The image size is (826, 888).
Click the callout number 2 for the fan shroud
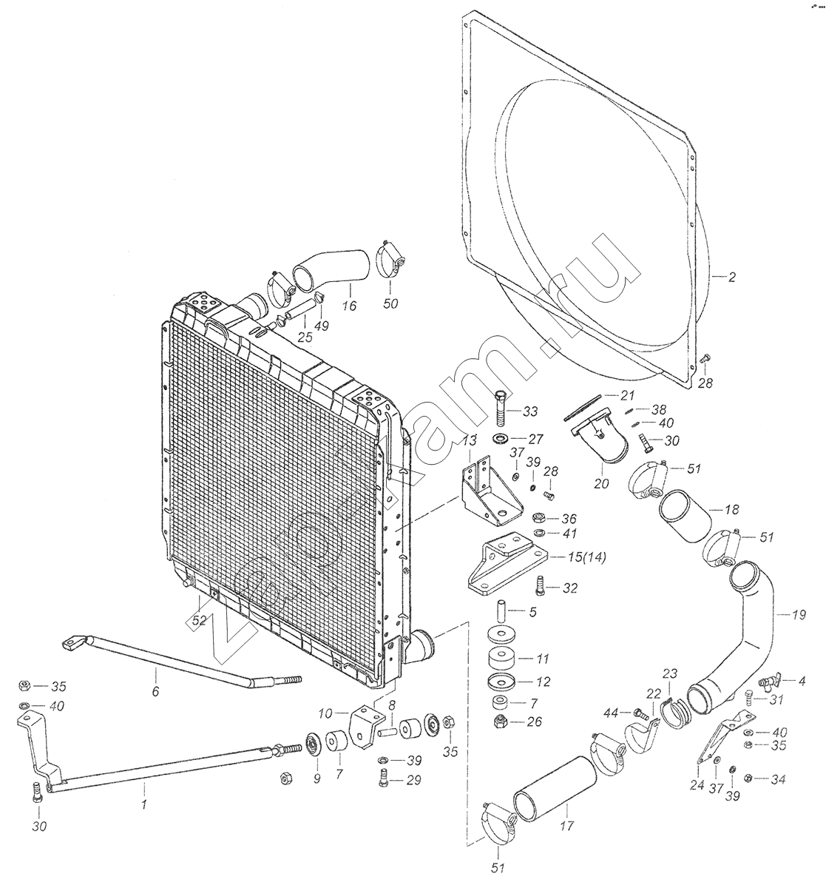[x=731, y=278]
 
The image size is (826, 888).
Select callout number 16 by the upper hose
[x=349, y=303]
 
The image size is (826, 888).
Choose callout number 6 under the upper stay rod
[x=155, y=692]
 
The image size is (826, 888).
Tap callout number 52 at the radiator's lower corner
[x=197, y=622]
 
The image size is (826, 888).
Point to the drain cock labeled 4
[x=769, y=678]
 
